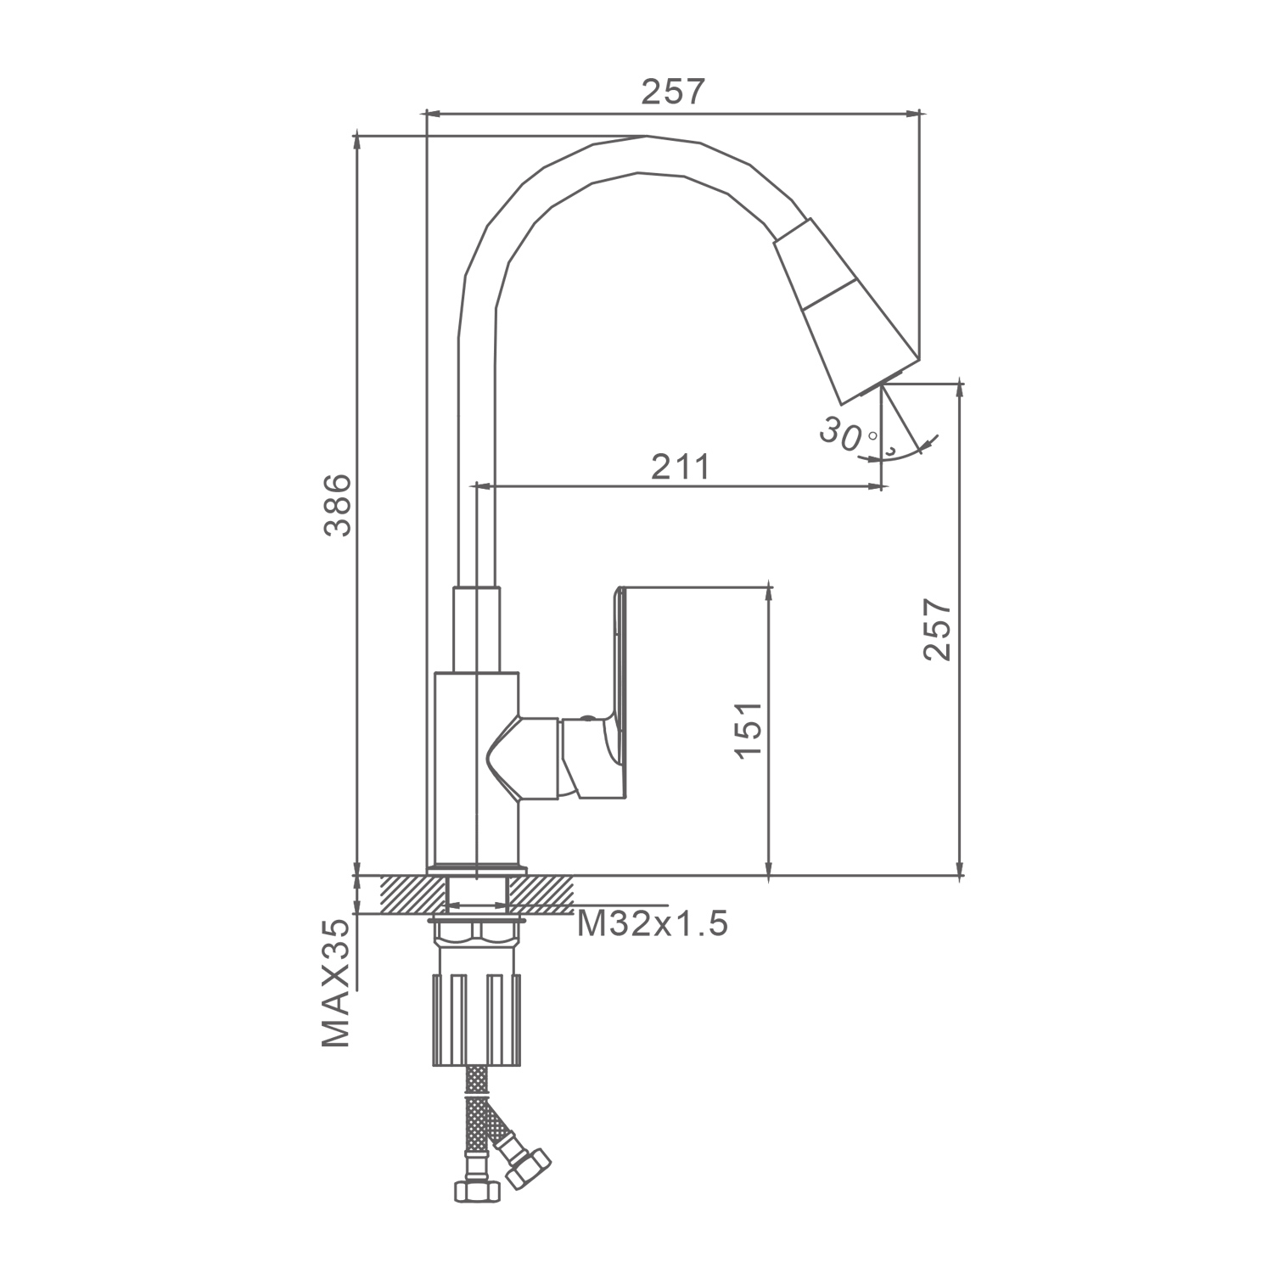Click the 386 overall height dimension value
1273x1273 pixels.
[x=339, y=505]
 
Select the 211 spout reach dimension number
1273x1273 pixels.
[x=680, y=467]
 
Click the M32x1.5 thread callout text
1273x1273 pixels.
[x=653, y=923]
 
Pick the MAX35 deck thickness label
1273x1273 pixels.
[x=336, y=984]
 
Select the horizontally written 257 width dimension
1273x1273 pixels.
[x=673, y=92]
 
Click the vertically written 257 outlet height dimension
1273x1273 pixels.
[x=938, y=629]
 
